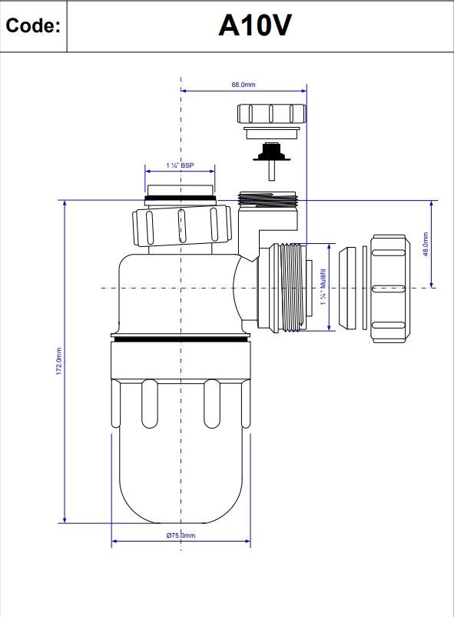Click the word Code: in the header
33,26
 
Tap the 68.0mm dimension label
244,85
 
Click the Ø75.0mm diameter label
181,535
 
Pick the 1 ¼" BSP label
181,165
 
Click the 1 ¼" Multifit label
323,287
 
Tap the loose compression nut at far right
393,287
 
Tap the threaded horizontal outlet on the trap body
287,287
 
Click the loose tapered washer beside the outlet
351,287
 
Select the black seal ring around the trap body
181,336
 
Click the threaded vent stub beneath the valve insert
271,202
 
